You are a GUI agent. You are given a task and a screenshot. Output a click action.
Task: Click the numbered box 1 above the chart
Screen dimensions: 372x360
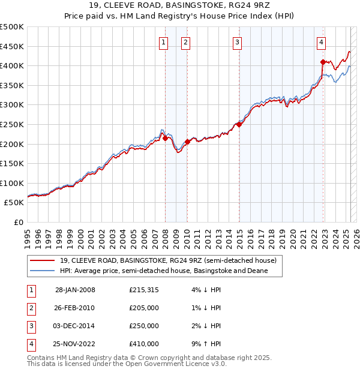point(163,42)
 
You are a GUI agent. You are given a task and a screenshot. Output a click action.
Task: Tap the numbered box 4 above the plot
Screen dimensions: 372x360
point(322,42)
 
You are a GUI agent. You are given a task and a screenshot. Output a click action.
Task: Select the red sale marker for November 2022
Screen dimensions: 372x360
point(323,61)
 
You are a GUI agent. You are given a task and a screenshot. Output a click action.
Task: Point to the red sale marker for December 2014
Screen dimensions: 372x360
point(239,124)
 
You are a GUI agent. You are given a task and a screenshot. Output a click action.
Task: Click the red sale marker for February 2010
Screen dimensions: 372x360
point(187,142)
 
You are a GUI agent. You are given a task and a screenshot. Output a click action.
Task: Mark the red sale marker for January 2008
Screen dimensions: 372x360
point(165,138)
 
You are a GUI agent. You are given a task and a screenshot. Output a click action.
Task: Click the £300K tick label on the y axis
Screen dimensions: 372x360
point(12,104)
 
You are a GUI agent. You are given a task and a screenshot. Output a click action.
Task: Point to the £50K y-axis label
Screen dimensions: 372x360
point(14,203)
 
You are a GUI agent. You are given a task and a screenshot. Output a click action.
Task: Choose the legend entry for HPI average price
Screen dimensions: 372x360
point(163,271)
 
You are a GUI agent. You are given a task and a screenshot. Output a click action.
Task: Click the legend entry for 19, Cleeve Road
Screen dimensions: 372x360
point(167,260)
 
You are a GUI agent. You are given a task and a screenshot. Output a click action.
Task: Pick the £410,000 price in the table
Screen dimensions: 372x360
point(143,344)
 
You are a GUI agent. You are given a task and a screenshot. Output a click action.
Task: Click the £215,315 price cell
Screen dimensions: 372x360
point(143,290)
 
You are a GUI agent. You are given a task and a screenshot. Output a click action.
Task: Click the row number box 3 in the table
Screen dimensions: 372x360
point(31,326)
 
